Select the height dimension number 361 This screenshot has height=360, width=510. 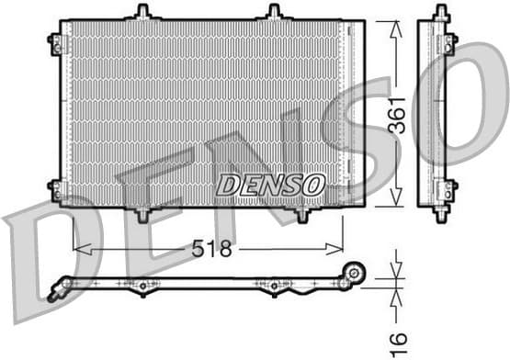396,116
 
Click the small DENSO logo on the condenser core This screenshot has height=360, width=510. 270,185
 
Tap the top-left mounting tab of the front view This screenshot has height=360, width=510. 142,12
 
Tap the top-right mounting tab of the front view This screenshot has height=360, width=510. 273,12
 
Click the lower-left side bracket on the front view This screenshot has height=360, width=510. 56,189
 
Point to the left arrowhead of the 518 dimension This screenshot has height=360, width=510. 78,249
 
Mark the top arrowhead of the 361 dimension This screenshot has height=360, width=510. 396,26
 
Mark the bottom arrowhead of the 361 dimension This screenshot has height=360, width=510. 396,201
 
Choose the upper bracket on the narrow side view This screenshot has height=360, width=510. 450,41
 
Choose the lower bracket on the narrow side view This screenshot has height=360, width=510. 450,189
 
